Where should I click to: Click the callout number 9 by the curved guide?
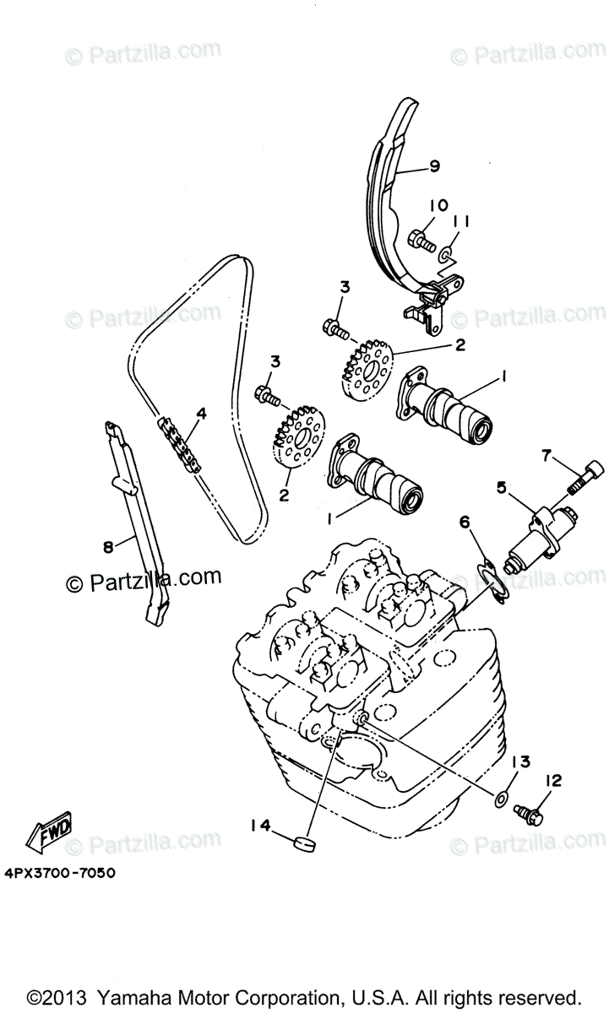(434, 167)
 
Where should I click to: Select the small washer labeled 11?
(447, 251)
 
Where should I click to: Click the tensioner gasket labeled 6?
(491, 582)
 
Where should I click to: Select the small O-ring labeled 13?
(500, 796)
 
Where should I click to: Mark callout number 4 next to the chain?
(201, 414)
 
